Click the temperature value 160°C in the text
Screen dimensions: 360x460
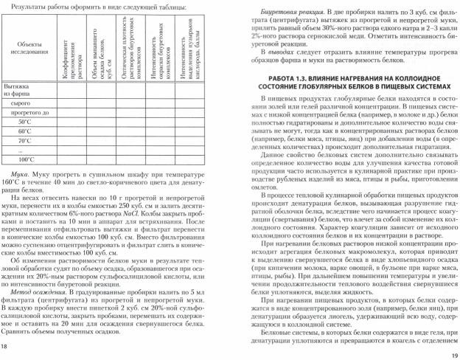[14, 181]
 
